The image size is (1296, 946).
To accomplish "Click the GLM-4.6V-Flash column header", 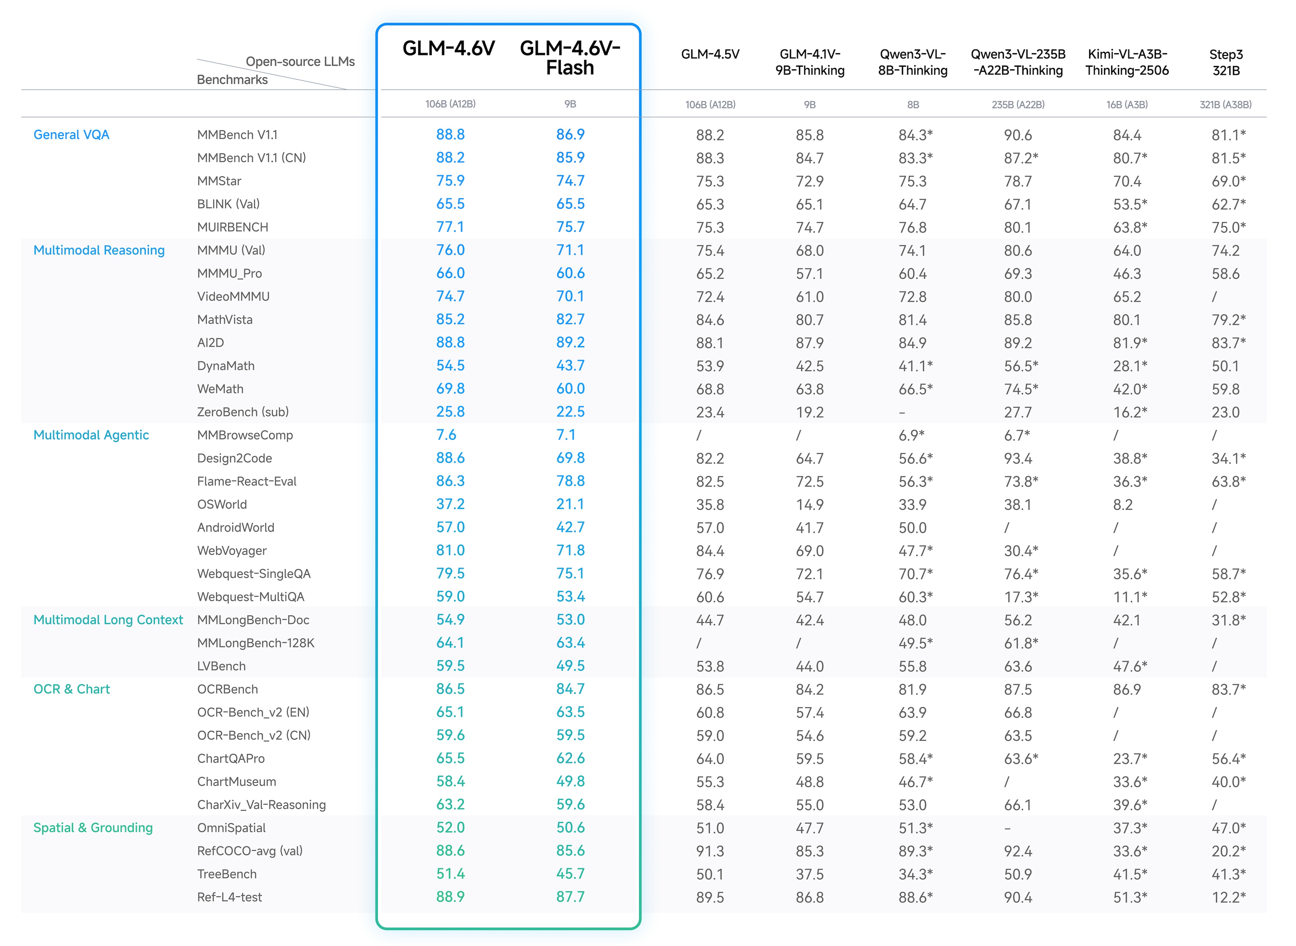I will [570, 57].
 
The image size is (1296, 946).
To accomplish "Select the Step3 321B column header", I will [1225, 62].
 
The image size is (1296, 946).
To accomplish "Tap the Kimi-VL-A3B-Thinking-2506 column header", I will [1127, 62].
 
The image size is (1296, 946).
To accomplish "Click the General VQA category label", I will [72, 135].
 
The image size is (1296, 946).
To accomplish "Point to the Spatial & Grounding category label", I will [93, 827].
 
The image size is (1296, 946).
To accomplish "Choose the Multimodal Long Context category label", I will [108, 620].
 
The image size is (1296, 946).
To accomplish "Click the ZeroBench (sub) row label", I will [243, 412].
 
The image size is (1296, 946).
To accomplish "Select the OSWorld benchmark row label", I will [222, 504].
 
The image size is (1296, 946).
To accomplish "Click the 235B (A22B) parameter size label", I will [1018, 105].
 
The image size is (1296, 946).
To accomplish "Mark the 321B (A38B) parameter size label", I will [1225, 105].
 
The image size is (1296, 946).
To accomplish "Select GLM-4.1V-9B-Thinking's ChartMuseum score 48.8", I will [809, 782].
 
